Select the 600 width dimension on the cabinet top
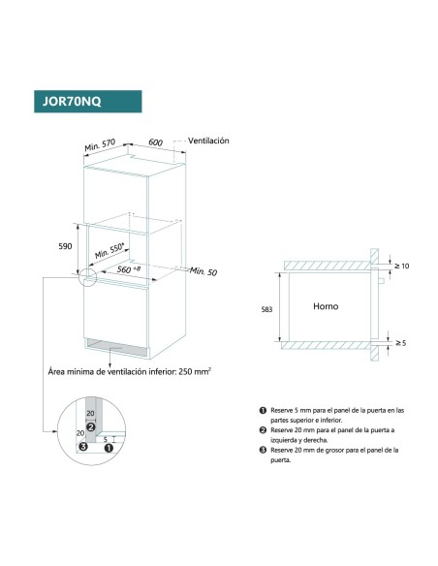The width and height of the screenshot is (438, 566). click(155, 141)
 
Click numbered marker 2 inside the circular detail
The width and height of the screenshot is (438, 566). click(90, 425)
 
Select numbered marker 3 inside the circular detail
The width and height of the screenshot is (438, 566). click(83, 447)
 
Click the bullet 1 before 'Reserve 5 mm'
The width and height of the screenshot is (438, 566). click(263, 411)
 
